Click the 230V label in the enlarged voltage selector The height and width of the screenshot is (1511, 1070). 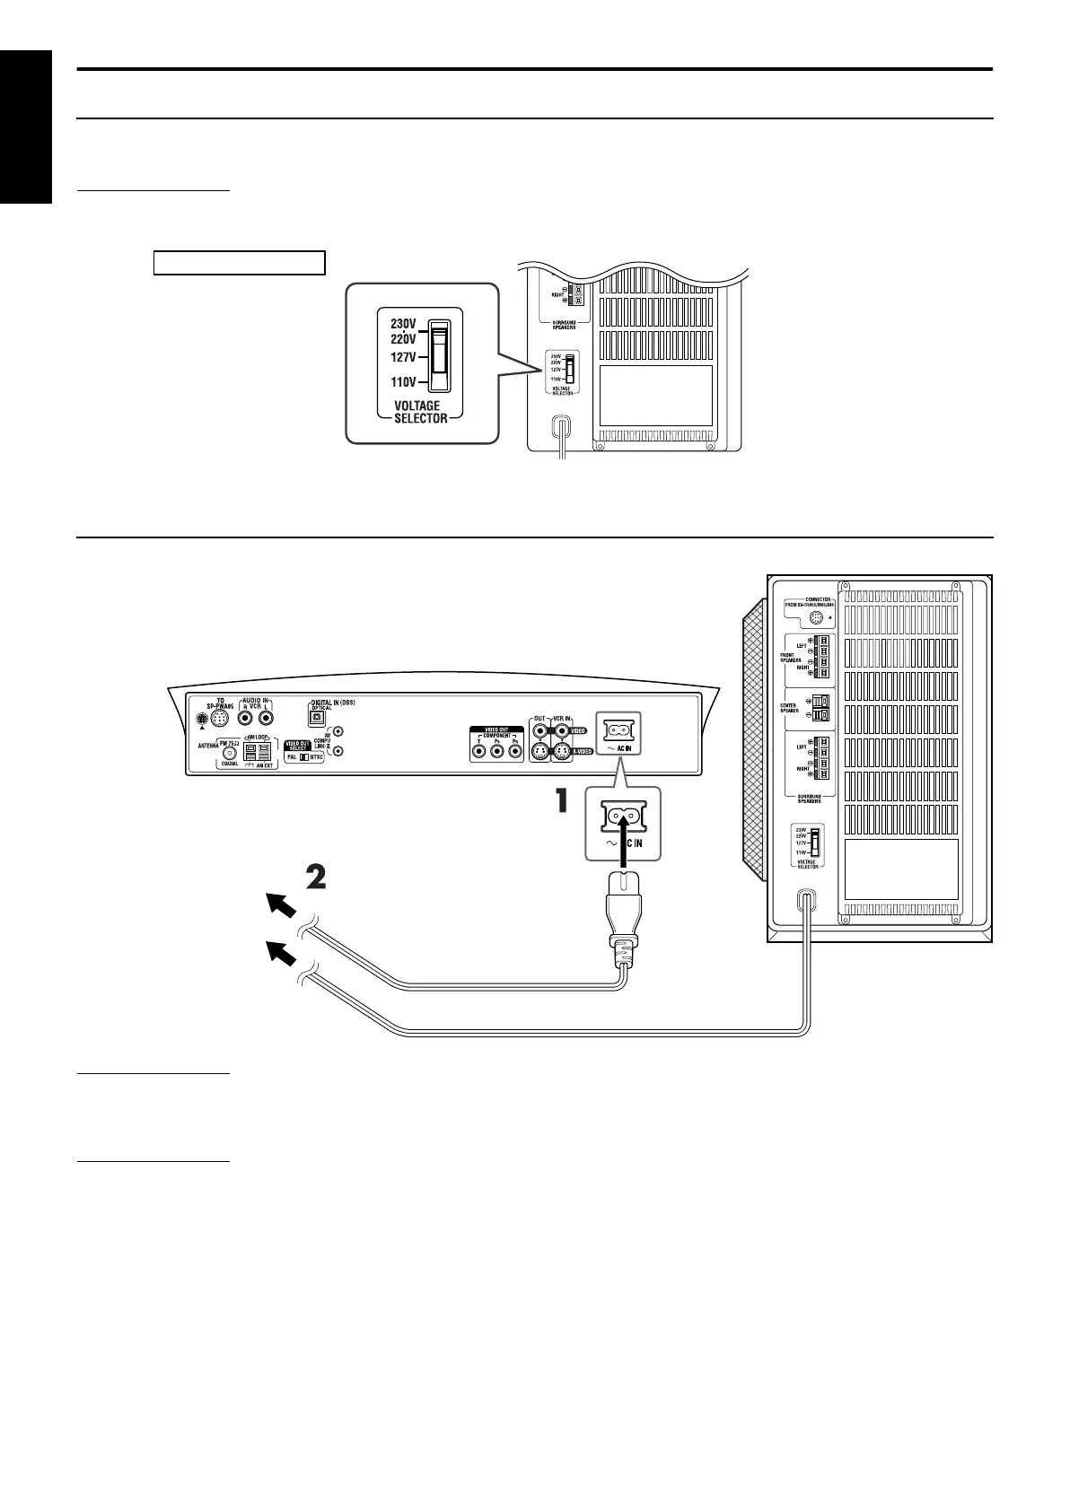(402, 326)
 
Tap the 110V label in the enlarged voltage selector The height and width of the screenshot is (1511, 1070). (402, 381)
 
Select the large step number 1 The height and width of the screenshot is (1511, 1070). (561, 801)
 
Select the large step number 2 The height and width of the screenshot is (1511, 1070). (315, 877)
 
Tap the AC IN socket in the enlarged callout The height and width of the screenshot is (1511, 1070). (622, 816)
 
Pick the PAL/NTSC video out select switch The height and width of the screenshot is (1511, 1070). (305, 757)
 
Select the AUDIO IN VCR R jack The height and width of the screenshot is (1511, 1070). (244, 719)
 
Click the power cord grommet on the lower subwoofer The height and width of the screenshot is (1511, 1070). (805, 901)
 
